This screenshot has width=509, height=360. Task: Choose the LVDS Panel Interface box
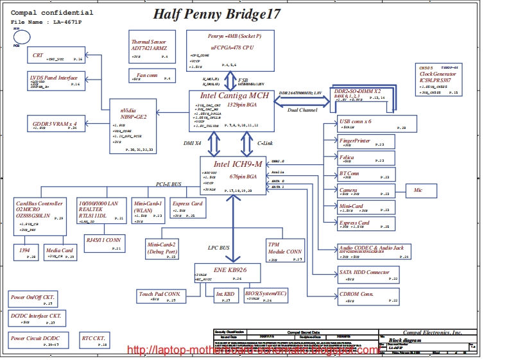[x=54, y=80]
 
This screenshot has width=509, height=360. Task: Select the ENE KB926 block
[x=227, y=273]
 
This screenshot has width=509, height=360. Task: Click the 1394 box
[x=26, y=252]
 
